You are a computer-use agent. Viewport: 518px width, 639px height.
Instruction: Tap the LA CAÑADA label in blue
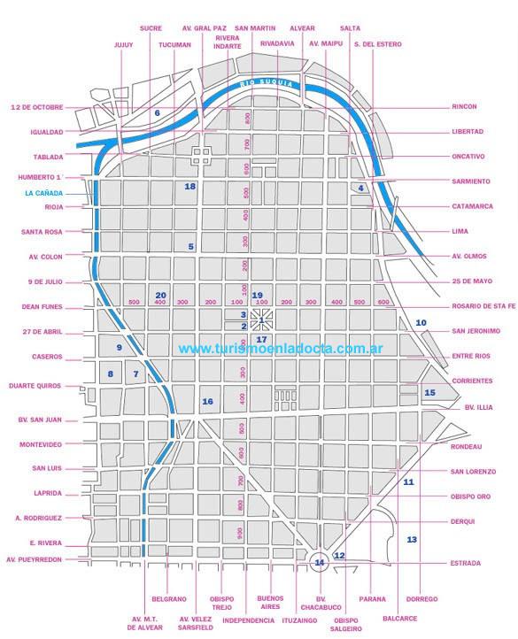43,193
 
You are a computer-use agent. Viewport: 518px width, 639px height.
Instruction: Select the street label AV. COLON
44,258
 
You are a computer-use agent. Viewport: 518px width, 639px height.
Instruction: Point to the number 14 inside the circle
320,561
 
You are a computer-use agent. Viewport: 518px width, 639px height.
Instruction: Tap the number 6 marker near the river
157,112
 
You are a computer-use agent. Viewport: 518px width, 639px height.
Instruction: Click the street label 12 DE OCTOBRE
37,107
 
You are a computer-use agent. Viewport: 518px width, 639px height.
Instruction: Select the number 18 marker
189,186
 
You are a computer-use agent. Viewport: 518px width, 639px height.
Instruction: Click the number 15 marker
430,392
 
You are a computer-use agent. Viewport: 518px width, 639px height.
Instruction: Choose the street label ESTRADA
465,563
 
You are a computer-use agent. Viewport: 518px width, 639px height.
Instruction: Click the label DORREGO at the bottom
423,599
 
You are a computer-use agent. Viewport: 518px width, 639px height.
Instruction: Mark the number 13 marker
412,539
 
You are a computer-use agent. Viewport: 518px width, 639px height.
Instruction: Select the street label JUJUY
123,44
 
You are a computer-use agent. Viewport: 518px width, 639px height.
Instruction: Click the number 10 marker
421,322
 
